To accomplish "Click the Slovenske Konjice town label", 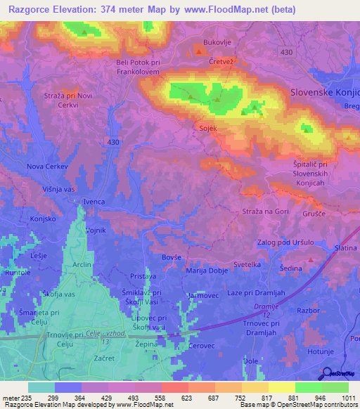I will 325,92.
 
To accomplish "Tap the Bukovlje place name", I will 216,43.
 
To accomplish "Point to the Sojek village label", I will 207,128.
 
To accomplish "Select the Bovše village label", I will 173,259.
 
